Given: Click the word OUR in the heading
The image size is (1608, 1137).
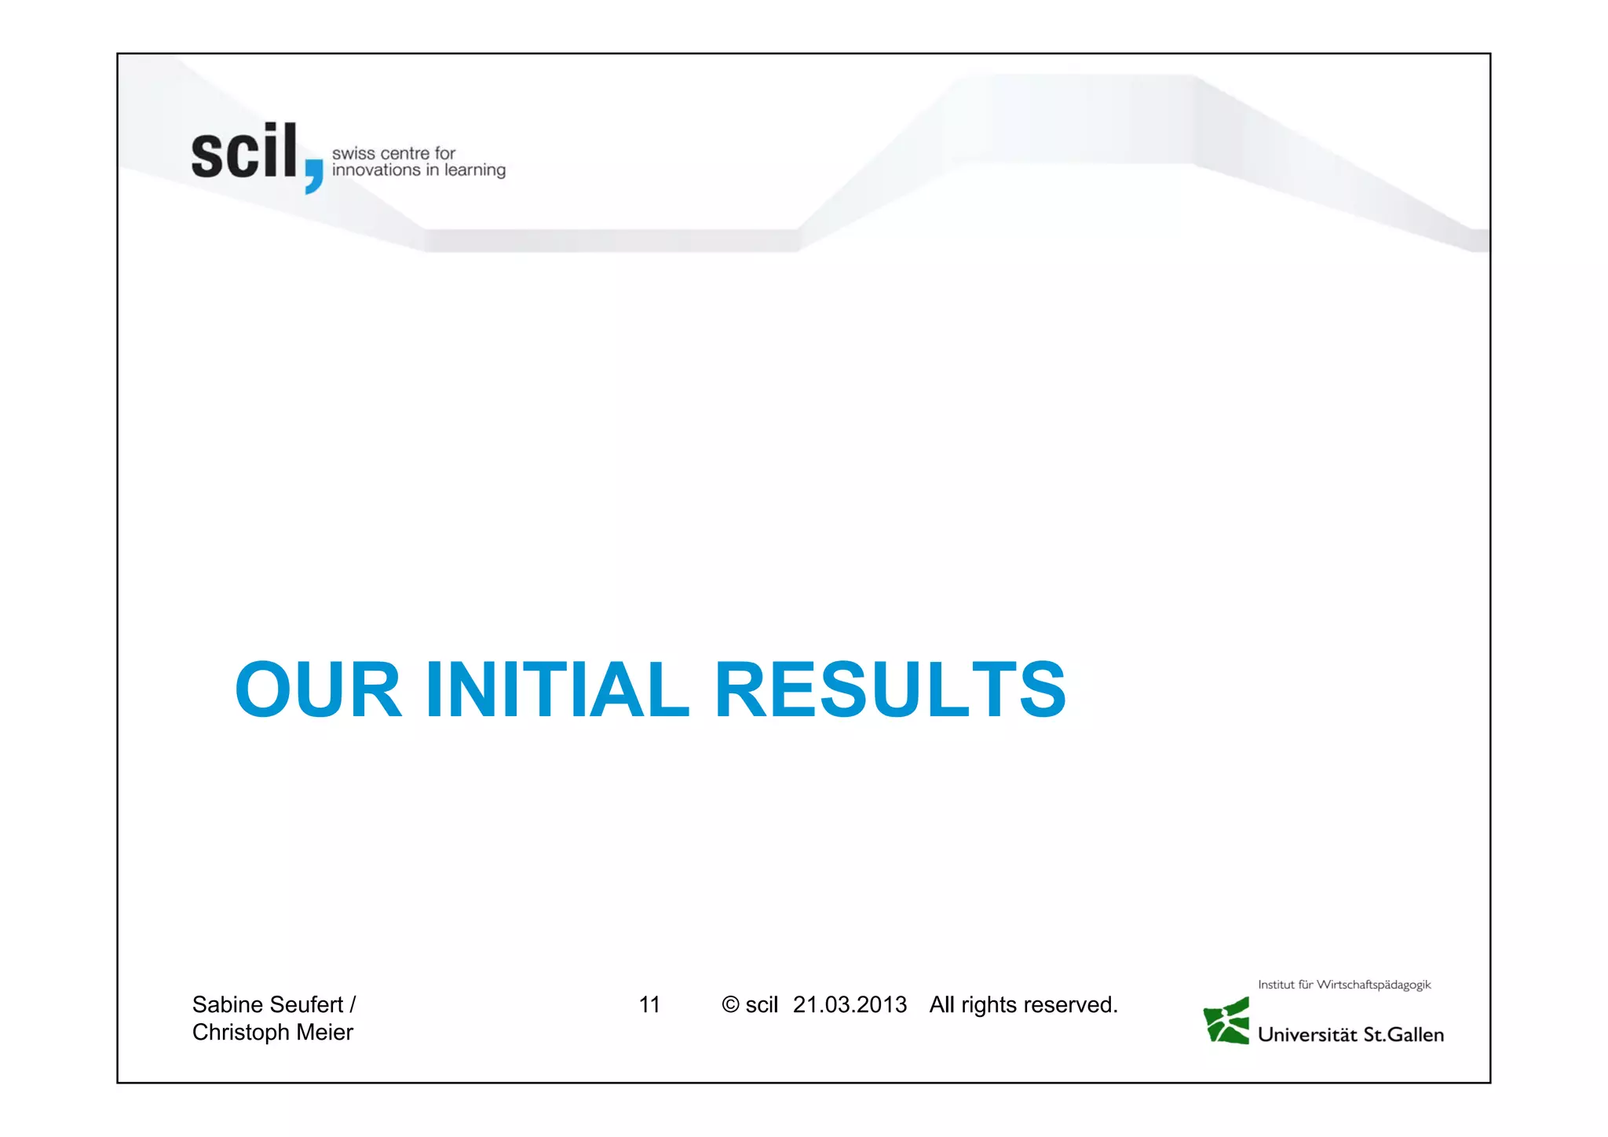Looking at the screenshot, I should click(319, 689).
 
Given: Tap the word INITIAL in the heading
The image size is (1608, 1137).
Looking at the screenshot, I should click(557, 689).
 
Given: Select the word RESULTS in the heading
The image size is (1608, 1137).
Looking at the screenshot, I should click(890, 689).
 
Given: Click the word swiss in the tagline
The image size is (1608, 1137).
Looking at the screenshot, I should click(353, 153).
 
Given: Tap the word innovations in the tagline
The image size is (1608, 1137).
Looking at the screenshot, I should click(376, 170).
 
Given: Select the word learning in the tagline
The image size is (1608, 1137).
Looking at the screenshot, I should click(474, 171).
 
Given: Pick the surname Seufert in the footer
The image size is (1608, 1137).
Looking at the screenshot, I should click(307, 1004).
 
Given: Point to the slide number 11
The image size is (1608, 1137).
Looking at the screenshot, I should click(649, 1004).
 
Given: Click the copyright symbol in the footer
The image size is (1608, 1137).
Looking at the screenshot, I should click(730, 1005).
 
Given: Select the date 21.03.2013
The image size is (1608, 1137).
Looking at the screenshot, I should click(850, 1004).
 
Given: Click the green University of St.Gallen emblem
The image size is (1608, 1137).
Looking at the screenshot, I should click(1226, 1021).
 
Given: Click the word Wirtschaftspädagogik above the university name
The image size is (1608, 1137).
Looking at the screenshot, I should click(1373, 985).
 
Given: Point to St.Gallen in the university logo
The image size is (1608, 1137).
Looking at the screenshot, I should click(1404, 1035).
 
